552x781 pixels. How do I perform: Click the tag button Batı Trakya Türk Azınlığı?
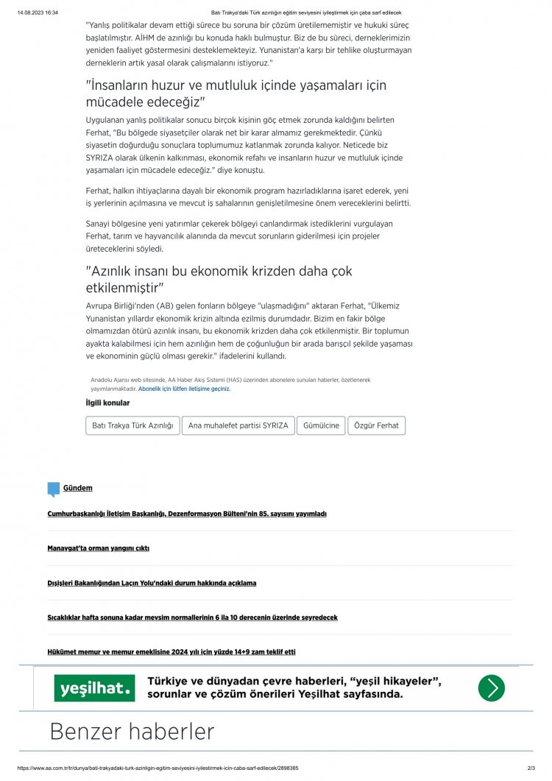coord(132,425)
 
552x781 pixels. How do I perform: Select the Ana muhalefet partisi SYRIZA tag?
coord(238,425)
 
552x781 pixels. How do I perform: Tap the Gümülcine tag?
coord(321,425)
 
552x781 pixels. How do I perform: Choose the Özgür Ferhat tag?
coord(376,425)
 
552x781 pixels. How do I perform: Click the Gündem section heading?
coord(77,488)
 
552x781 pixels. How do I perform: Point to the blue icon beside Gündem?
coord(53,489)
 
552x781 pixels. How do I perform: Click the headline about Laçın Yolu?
coord(152,583)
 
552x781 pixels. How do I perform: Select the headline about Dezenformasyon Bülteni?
coord(186,514)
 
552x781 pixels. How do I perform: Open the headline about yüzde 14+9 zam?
coord(171,651)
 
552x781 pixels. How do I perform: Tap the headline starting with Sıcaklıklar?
coord(192,618)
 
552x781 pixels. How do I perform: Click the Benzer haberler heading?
coord(132,732)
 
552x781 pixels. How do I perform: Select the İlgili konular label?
coord(107,403)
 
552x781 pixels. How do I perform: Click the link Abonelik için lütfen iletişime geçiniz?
coord(184,389)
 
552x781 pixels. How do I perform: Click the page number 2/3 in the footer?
coord(531,768)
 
